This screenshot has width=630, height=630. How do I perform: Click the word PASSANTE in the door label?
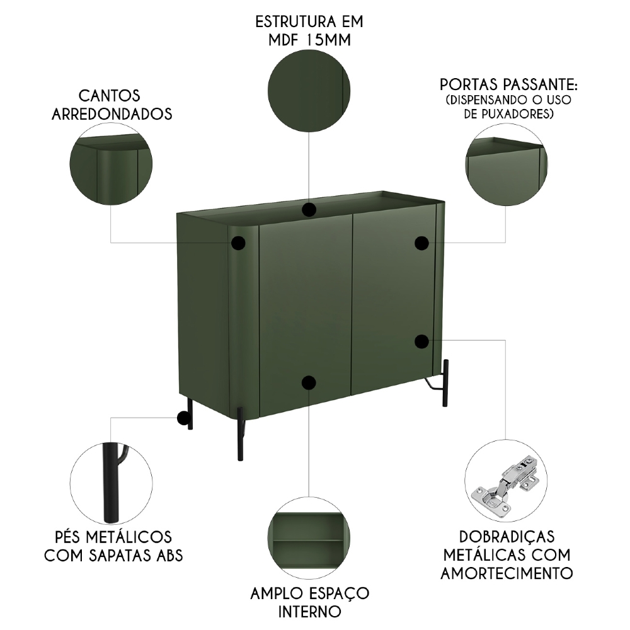(541, 84)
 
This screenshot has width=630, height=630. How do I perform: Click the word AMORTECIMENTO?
(506, 573)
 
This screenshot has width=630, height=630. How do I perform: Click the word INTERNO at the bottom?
(309, 611)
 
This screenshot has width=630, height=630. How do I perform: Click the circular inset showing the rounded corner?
(111, 163)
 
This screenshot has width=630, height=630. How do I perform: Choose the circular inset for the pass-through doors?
(506, 163)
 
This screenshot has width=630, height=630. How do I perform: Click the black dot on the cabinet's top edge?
(309, 210)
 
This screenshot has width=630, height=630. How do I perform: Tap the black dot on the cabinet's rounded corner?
(238, 243)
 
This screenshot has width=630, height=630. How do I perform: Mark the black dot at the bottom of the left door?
(309, 382)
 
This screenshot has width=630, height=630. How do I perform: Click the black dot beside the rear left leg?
(182, 417)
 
